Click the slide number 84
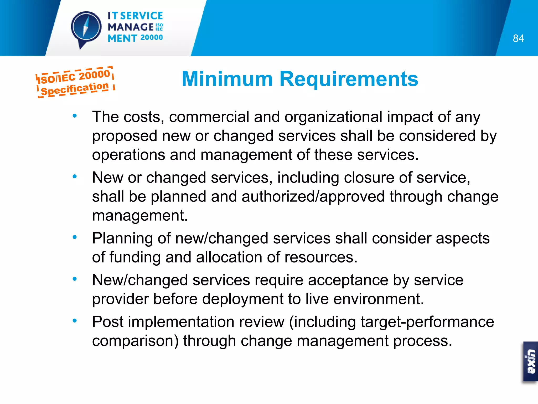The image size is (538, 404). [518, 38]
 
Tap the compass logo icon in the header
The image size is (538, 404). [86, 28]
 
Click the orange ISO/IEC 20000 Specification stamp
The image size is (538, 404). [75, 82]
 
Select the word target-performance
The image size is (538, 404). [427, 322]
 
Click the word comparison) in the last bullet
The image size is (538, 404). [135, 341]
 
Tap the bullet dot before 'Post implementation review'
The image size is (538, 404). [75, 321]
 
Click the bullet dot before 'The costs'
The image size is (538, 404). [75, 115]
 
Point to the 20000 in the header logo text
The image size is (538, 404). [152, 38]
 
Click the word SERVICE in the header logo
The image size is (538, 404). [142, 16]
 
